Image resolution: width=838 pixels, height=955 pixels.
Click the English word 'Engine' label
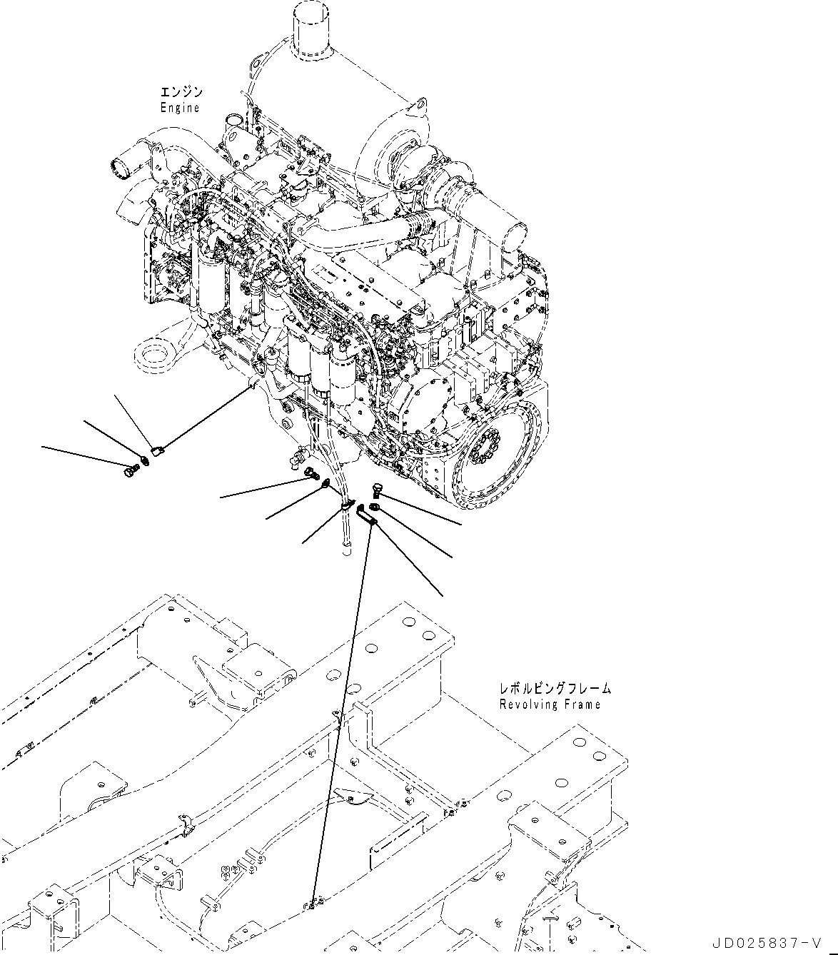click(x=180, y=108)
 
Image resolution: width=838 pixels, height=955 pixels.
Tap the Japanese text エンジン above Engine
click(x=181, y=93)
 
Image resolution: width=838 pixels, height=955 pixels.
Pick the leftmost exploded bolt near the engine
click(x=128, y=470)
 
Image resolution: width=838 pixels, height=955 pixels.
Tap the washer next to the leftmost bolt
click(x=145, y=459)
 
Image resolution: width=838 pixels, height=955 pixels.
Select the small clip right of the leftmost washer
click(x=158, y=449)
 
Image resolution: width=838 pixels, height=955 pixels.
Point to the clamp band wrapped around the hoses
click(x=348, y=505)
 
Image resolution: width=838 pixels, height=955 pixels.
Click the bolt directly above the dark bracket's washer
click(x=378, y=490)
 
